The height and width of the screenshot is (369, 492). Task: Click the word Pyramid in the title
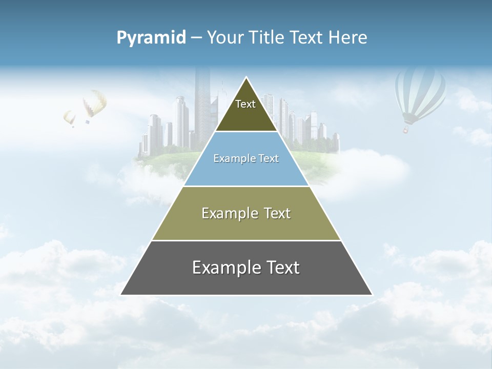click(x=151, y=37)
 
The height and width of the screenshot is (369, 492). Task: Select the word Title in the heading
click(x=267, y=37)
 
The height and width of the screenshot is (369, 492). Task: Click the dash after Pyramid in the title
click(x=196, y=38)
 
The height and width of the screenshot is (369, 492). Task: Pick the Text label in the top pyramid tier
click(x=245, y=104)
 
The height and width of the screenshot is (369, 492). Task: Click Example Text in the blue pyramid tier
click(x=246, y=158)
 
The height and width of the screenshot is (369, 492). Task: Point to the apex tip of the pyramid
click(x=247, y=77)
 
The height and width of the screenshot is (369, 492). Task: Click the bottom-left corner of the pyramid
click(x=121, y=295)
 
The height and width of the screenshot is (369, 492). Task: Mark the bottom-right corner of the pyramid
click(x=372, y=295)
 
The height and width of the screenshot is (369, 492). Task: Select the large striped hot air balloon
click(x=420, y=93)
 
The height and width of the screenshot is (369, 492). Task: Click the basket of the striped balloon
click(x=406, y=130)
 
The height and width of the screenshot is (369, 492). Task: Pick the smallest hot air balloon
click(x=69, y=118)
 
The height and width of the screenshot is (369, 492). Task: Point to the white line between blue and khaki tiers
click(x=246, y=186)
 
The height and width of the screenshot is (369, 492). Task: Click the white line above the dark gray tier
click(x=246, y=240)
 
